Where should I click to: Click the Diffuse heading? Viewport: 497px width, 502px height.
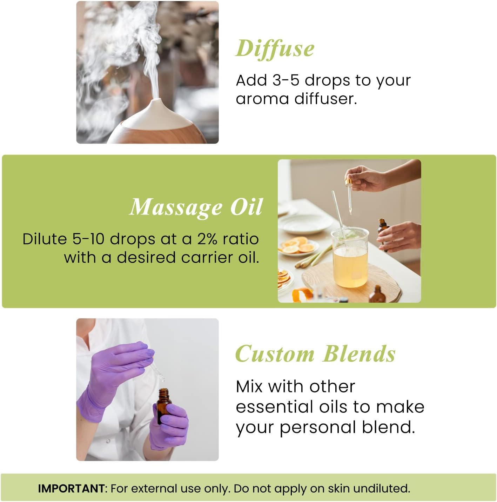[x=275, y=48]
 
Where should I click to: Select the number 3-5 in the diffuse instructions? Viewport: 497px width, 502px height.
[x=286, y=80]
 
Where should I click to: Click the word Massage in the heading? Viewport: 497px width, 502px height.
[x=176, y=207]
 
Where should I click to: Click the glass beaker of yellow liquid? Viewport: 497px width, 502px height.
[x=350, y=258]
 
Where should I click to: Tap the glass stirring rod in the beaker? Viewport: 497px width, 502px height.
[x=338, y=211]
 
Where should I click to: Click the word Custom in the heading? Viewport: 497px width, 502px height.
[x=275, y=354]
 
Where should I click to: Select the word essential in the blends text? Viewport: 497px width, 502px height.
[x=275, y=407]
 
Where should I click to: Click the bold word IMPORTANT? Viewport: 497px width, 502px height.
[x=71, y=488]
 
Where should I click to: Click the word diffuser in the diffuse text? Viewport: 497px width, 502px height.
[x=325, y=99]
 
